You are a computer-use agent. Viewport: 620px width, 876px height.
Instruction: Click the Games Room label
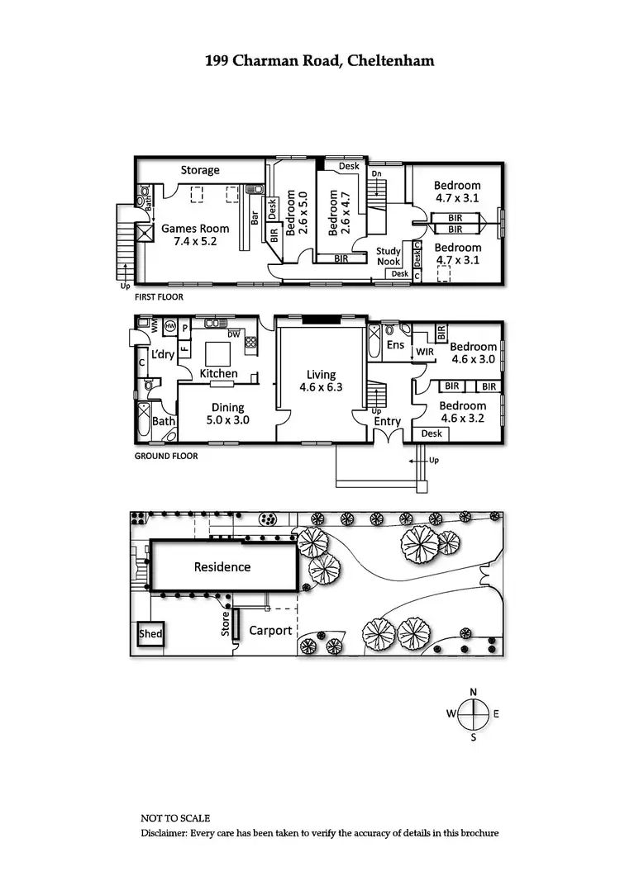(x=188, y=229)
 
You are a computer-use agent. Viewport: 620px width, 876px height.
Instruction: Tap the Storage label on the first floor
(x=200, y=170)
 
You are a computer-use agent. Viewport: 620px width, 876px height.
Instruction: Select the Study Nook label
(x=389, y=257)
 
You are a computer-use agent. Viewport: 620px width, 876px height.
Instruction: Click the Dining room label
(x=227, y=407)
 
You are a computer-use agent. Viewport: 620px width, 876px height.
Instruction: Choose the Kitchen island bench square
(x=217, y=353)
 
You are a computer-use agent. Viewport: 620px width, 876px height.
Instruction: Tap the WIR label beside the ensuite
(x=425, y=353)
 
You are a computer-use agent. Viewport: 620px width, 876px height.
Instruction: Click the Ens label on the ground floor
(x=395, y=344)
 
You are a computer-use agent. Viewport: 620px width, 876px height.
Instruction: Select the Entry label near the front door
(x=387, y=421)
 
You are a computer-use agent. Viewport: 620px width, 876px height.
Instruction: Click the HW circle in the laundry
(x=170, y=327)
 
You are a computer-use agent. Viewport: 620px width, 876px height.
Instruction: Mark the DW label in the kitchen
(x=234, y=334)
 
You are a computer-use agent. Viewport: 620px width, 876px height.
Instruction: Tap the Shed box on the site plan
(x=150, y=634)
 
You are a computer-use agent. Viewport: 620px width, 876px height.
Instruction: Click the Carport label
(x=271, y=631)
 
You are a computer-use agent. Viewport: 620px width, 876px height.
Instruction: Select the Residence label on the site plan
(x=222, y=566)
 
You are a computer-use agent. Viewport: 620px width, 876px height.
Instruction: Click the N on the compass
(x=473, y=692)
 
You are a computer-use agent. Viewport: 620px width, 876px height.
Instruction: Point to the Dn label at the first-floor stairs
(x=376, y=174)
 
